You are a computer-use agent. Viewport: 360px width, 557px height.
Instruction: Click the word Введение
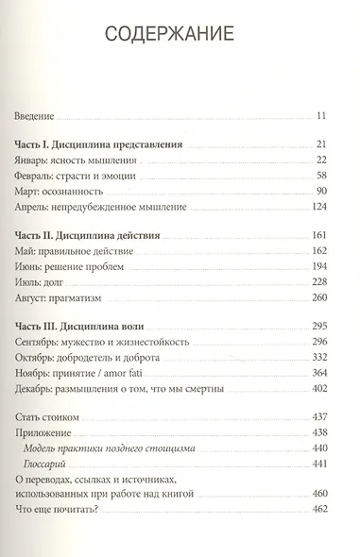pos(36,117)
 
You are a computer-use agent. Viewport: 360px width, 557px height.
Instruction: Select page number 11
pos(321,117)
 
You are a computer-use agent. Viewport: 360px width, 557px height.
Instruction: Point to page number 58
pos(320,177)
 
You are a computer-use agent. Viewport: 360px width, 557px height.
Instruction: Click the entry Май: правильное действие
pos(76,251)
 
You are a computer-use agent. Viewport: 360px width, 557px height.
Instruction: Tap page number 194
pos(317,267)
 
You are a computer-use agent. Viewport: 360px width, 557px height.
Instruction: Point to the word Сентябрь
pos(42,342)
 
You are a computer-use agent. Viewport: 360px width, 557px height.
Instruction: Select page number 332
pos(317,358)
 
